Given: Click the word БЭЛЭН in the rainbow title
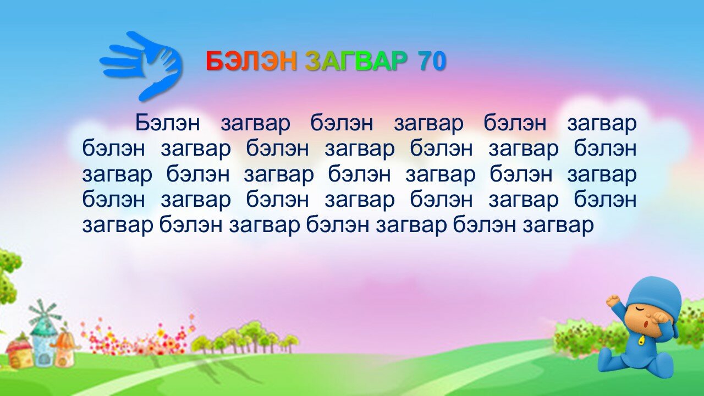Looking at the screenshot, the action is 251,61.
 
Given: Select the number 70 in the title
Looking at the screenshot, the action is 432,61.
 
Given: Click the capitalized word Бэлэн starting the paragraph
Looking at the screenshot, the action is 168,123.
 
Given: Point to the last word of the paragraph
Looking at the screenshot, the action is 558,226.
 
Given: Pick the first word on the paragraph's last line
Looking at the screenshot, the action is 118,226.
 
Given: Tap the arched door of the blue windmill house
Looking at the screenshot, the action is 45,360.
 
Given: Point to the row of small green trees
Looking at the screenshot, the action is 245,339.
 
